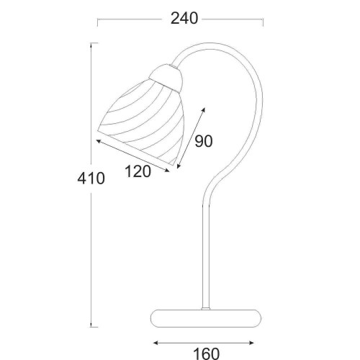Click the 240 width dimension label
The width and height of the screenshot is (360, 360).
click(x=184, y=19)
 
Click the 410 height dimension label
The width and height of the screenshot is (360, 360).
click(x=91, y=179)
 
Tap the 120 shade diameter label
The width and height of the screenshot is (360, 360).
click(x=138, y=171)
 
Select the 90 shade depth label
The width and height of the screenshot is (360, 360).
click(x=204, y=141)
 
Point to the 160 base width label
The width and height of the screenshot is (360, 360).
click(x=207, y=354)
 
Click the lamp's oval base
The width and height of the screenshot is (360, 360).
click(x=206, y=318)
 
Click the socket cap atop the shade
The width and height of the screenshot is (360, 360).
click(x=166, y=77)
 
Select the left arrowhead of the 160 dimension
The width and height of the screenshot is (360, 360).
click(x=156, y=343)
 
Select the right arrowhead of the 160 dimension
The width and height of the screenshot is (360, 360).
click(x=251, y=343)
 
